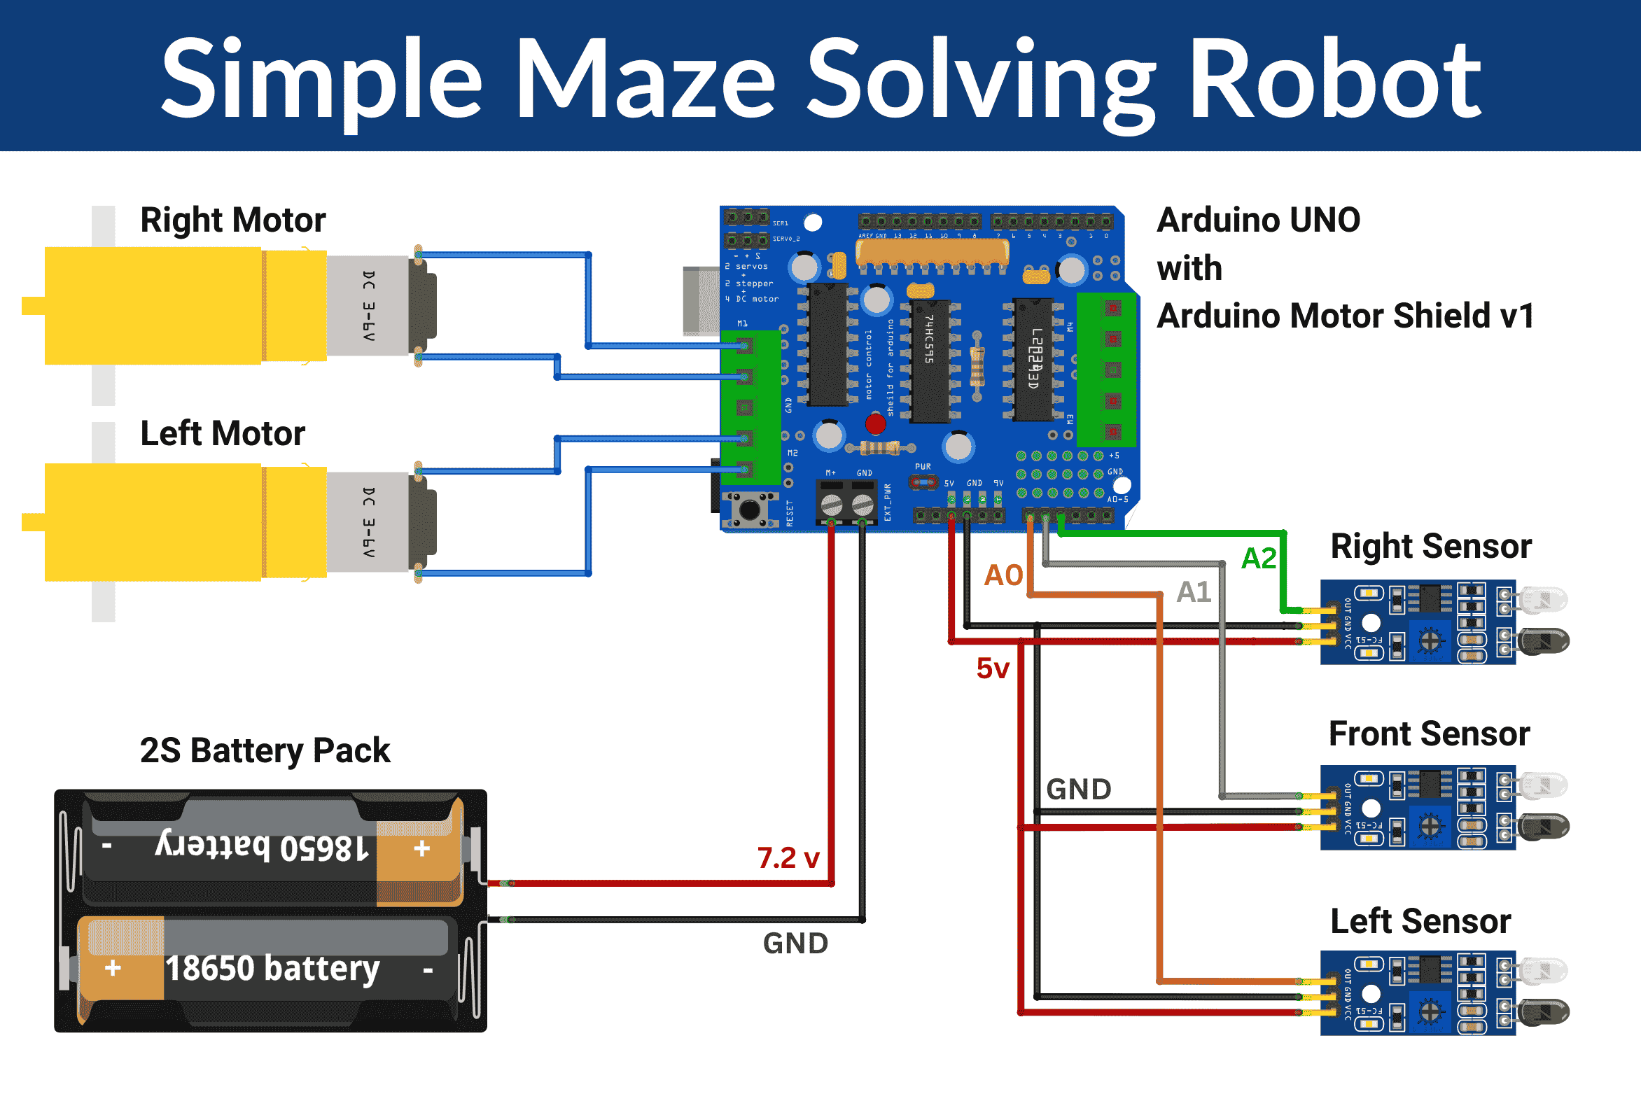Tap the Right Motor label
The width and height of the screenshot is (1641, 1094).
[232, 220]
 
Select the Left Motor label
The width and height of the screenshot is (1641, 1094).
[223, 433]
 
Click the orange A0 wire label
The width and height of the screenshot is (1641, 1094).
[1003, 575]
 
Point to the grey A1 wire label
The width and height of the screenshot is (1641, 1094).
[1194, 592]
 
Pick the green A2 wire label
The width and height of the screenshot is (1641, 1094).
[1258, 559]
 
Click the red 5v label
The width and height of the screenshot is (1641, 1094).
[992, 668]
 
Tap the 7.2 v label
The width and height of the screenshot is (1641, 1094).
[788, 857]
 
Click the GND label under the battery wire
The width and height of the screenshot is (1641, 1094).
[795, 944]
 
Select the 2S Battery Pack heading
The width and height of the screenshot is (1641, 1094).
[265, 750]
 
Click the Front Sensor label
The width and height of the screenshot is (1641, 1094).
[1429, 734]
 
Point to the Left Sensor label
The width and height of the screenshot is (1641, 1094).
[1420, 921]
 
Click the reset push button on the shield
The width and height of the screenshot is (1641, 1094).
[750, 509]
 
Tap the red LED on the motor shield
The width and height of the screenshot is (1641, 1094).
[875, 423]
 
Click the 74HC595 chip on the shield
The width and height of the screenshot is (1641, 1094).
[930, 360]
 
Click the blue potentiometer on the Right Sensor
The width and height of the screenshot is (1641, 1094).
[1429, 640]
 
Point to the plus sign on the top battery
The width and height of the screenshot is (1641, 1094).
[421, 849]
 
